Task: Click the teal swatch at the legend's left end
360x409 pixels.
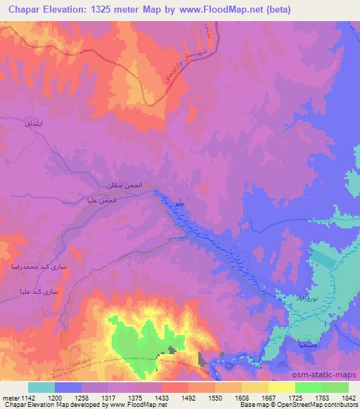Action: (41, 387)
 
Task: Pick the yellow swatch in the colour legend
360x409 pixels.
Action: (281, 387)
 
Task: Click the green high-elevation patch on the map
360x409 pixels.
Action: (134, 341)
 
